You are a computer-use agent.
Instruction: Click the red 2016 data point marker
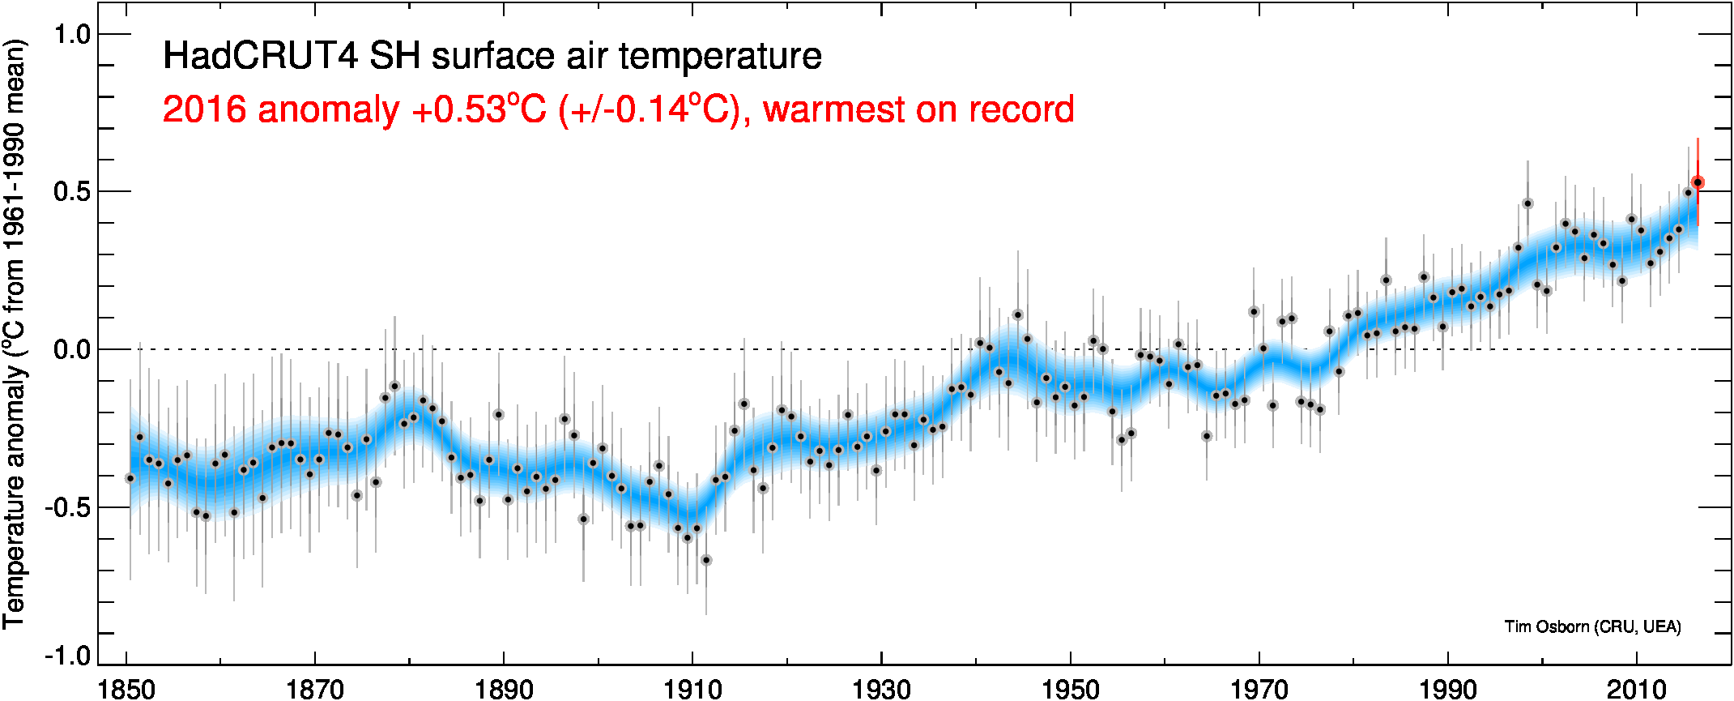point(1698,183)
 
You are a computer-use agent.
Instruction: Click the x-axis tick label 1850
point(126,689)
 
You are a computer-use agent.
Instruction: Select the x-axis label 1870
point(315,689)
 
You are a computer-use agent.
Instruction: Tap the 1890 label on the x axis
point(504,689)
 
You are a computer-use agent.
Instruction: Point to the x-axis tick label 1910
point(692,689)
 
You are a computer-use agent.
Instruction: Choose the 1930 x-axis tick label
point(881,689)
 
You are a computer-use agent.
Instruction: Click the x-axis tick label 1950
point(1070,689)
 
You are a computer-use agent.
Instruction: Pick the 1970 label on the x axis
point(1259,689)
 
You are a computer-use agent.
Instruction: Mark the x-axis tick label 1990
point(1447,689)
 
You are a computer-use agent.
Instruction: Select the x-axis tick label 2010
point(1636,689)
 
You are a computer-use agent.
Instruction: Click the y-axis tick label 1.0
point(71,35)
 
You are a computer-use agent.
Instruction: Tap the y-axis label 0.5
point(71,192)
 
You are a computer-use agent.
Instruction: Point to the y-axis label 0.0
point(71,350)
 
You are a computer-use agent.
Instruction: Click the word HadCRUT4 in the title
point(260,57)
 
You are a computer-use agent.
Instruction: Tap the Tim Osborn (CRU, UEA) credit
point(1592,626)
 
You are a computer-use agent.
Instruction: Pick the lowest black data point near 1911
point(706,560)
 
